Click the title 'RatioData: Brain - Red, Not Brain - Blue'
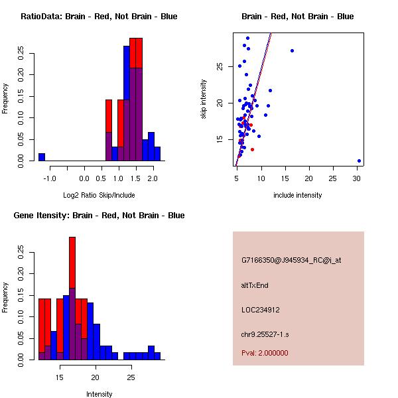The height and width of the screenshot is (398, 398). click(99, 17)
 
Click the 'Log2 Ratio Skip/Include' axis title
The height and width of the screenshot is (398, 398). click(99, 195)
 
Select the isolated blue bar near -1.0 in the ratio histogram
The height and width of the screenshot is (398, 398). click(42, 157)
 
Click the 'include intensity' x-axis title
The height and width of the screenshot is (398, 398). click(298, 195)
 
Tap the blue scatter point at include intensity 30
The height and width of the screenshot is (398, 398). click(359, 161)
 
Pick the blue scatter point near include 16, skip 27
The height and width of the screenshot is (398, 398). click(292, 51)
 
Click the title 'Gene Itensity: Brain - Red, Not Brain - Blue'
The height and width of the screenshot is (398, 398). click(99, 216)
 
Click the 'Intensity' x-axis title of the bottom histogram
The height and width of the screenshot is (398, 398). click(99, 394)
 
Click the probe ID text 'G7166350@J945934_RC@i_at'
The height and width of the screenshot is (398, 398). click(291, 261)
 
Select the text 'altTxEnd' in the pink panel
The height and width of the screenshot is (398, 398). click(255, 285)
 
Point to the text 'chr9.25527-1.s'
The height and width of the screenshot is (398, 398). click(265, 334)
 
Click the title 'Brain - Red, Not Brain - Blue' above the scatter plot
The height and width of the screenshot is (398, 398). click(298, 17)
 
